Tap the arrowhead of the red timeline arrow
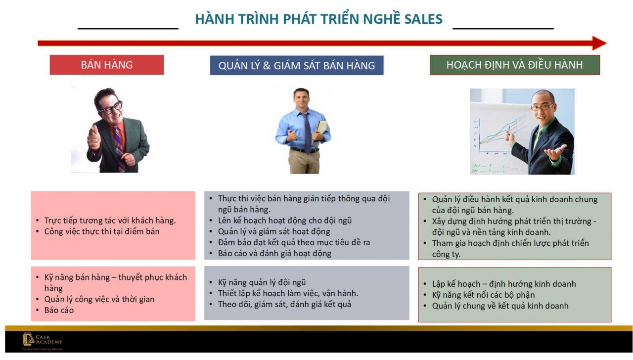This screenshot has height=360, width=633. click(x=599, y=43)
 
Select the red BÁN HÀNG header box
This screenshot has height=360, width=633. click(x=107, y=65)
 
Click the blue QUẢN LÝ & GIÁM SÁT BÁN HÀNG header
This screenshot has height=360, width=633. click(x=297, y=65)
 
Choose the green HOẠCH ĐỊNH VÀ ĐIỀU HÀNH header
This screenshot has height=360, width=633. click(x=514, y=65)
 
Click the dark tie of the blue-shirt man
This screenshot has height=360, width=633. click(x=307, y=132)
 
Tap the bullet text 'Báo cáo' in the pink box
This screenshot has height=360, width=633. click(x=59, y=310)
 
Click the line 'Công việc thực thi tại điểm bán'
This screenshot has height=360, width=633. click(x=102, y=231)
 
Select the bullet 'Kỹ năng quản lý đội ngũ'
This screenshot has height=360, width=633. click(x=262, y=282)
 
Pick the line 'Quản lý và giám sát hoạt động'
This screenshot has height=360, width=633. click(x=274, y=231)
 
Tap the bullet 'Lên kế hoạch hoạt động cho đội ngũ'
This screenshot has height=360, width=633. click(x=284, y=221)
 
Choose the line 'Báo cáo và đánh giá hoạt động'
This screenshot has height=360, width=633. click(x=274, y=253)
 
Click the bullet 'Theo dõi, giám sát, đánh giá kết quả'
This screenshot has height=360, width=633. click(x=284, y=304)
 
